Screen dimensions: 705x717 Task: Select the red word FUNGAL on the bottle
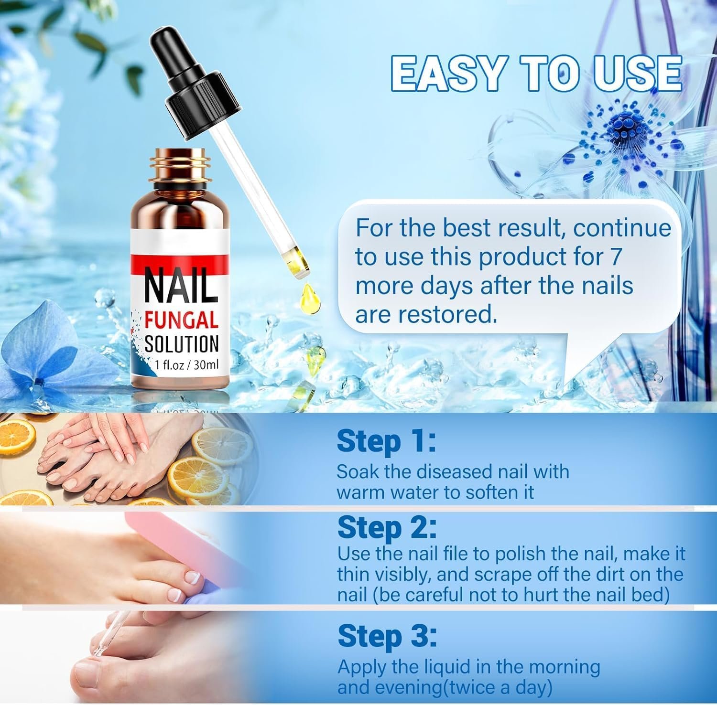coord(181,320)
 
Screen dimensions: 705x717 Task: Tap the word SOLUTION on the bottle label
coord(181,344)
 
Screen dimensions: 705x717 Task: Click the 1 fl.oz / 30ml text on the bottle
coord(186,365)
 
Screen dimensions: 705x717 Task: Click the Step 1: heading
coord(386,441)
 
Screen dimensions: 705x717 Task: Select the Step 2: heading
coord(387,528)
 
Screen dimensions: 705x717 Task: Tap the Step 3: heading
coord(387,636)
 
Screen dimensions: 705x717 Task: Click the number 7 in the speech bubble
coord(615,257)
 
